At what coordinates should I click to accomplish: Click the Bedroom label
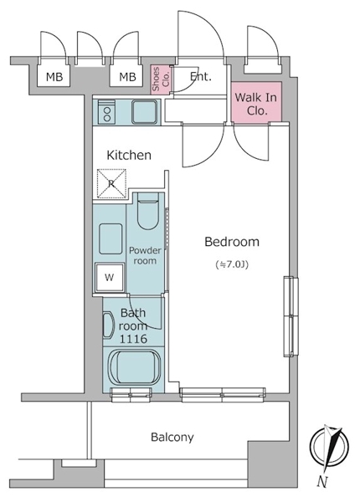coord(232,242)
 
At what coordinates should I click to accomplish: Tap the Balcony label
coord(172,437)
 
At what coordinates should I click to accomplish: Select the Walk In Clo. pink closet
coord(256,102)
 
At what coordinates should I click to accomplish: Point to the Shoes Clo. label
coord(161,79)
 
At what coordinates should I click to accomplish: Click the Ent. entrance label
coord(200,76)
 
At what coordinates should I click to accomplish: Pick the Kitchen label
coord(129,155)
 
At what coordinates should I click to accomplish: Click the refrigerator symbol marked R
coord(111,184)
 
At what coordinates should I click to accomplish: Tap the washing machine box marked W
coord(110,277)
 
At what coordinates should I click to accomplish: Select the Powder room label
coord(145,255)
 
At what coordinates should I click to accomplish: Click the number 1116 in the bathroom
coord(133,338)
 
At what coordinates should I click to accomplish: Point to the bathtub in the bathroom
coord(134,367)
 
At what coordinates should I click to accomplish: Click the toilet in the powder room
coord(148,212)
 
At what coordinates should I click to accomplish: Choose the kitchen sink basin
coord(145,112)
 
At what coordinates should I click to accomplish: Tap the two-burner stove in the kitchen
coord(106,111)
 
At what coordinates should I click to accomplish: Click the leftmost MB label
coord(54,77)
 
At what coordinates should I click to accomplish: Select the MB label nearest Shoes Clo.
coord(127,77)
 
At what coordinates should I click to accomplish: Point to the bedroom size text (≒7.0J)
coord(232,264)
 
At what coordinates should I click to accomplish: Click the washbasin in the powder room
coord(111,238)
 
